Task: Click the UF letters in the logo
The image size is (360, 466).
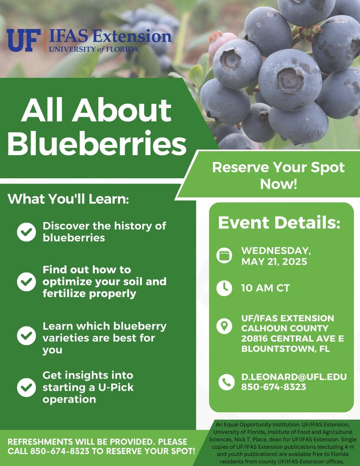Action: tap(23, 40)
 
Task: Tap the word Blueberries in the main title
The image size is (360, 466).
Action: tap(97, 143)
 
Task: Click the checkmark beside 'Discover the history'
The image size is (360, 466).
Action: tap(26, 232)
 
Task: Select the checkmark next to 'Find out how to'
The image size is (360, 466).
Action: tap(26, 281)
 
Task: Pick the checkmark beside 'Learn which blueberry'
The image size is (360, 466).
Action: tap(26, 335)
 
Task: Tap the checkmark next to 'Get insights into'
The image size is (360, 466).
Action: tap(26, 387)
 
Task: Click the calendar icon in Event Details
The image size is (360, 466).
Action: tap(224, 255)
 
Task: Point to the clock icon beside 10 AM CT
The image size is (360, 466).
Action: tap(224, 288)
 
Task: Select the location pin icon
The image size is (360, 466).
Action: tap(224, 326)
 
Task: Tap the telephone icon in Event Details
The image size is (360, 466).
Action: tap(226, 382)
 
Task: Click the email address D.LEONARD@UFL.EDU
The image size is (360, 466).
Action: tap(294, 377)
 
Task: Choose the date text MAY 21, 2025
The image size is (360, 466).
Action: tap(274, 261)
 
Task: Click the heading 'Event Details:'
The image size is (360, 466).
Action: tap(279, 222)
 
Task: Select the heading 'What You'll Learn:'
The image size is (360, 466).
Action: tap(68, 199)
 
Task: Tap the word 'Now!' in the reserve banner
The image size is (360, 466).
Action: tap(278, 183)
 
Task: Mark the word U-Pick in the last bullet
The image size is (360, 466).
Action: tap(116, 387)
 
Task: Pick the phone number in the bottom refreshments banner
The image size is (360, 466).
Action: tap(60, 451)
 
